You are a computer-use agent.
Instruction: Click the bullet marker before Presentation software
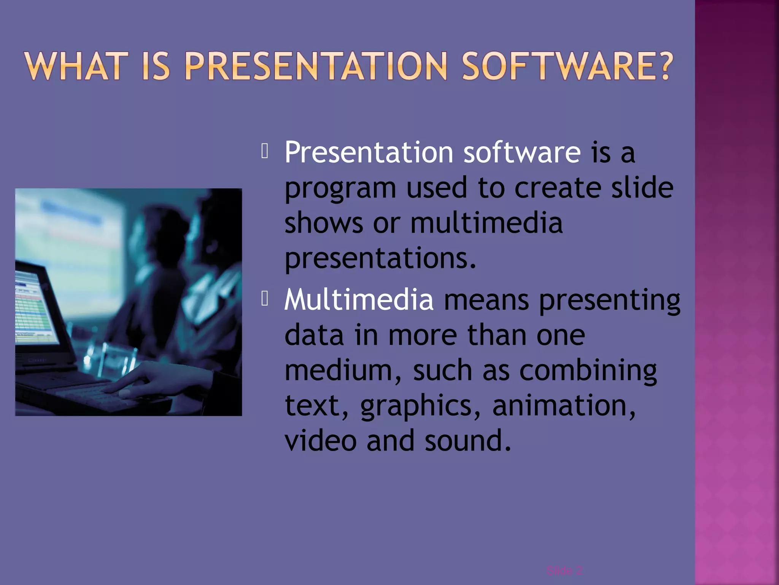click(265, 151)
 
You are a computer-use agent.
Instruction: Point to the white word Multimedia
click(359, 299)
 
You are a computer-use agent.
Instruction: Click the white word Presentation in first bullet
click(369, 152)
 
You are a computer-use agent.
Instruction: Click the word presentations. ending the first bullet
click(380, 259)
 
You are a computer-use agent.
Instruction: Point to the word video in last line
click(320, 440)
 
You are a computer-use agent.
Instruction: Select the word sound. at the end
click(468, 440)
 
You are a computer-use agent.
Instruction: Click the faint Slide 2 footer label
click(564, 571)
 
